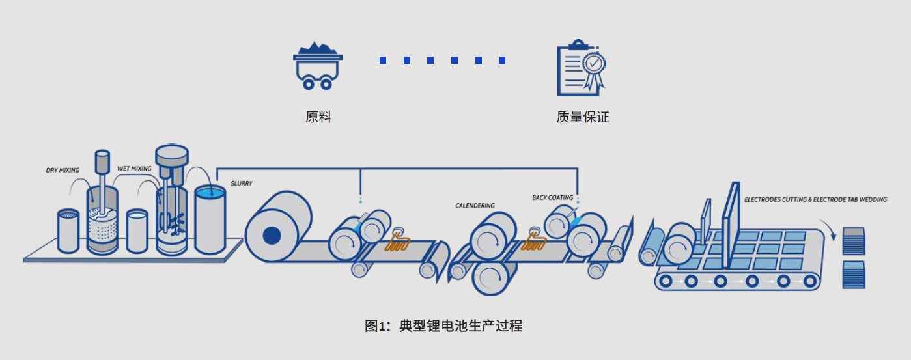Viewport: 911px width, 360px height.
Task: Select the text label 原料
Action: tap(318, 118)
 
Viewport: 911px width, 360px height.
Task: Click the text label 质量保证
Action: tap(582, 118)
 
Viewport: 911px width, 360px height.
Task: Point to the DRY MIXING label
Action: tap(63, 171)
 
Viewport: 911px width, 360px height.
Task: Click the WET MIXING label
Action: tap(134, 169)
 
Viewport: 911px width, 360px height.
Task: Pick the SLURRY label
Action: tap(242, 184)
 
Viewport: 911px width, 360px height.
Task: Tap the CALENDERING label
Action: tap(474, 206)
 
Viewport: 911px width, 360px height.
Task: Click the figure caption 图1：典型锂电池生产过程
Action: tap(443, 325)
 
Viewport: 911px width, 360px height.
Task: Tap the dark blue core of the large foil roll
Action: tap(272, 235)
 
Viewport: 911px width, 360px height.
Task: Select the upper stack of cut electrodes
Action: tap(855, 241)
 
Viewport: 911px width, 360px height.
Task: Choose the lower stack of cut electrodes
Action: tap(855, 274)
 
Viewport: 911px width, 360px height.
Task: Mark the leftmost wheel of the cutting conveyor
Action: tap(666, 281)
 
